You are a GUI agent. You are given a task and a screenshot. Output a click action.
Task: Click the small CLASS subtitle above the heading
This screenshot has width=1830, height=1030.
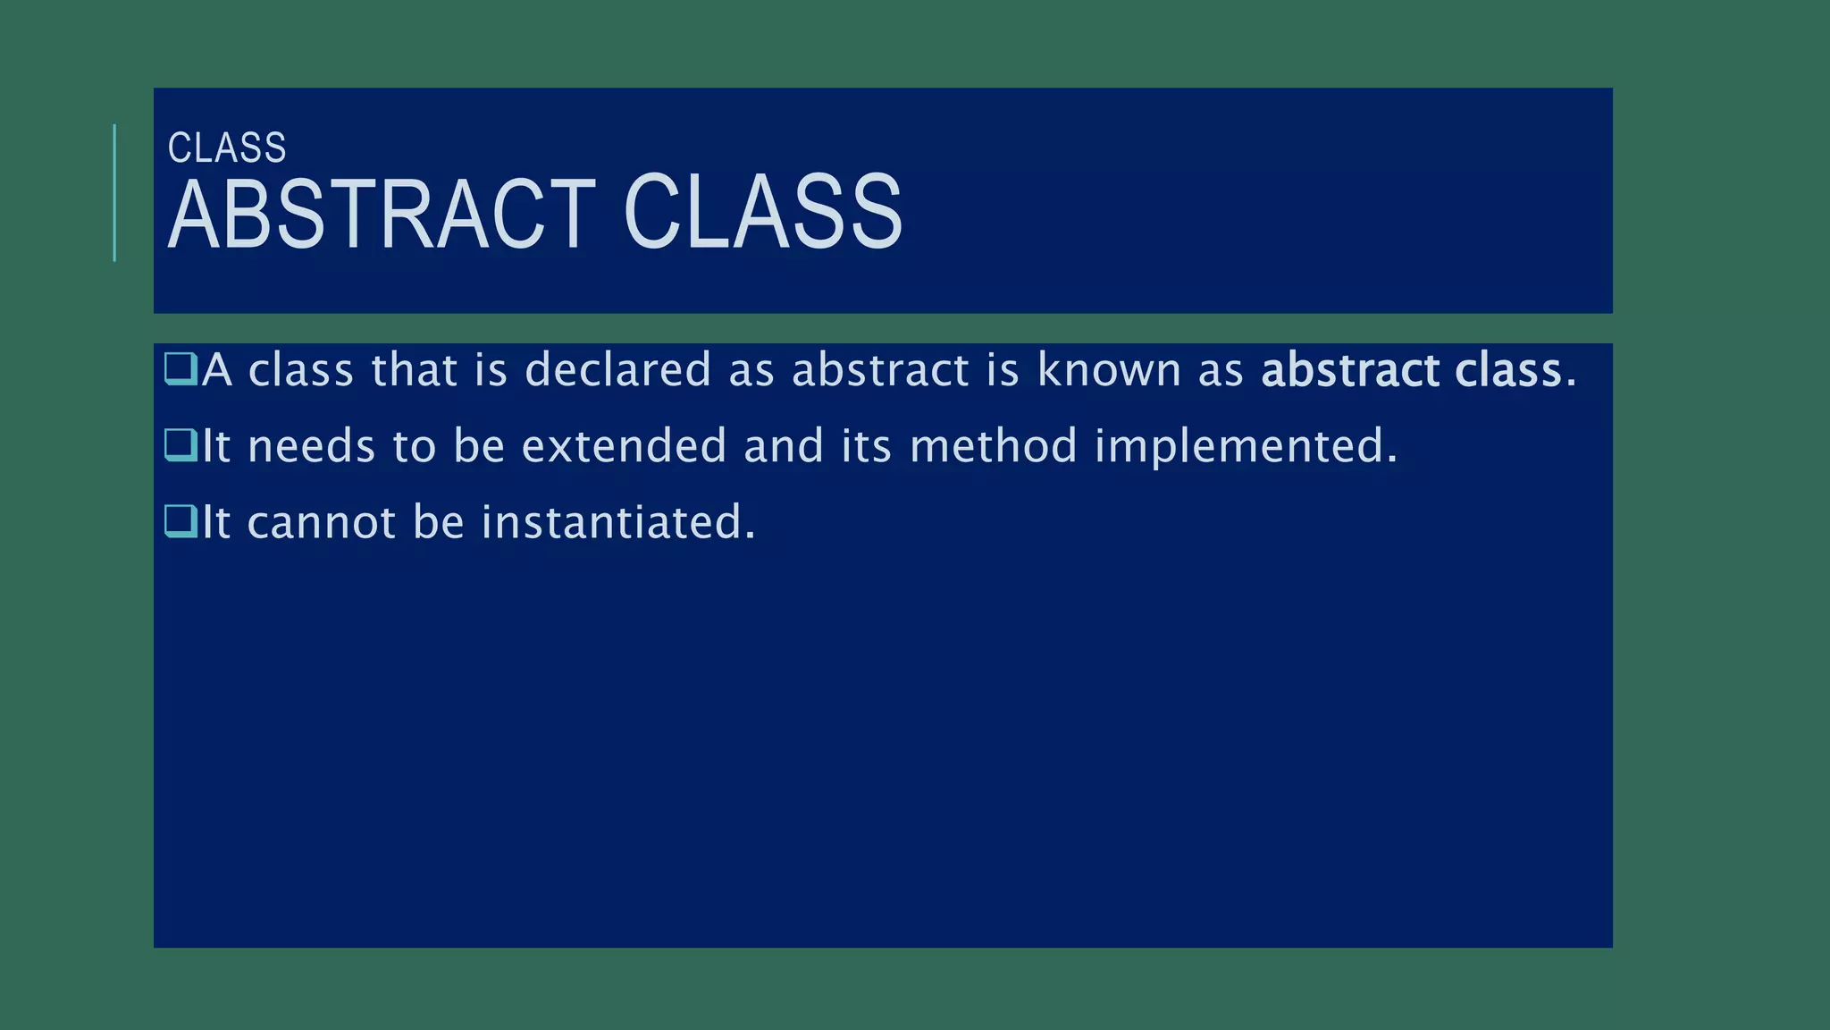coord(227,148)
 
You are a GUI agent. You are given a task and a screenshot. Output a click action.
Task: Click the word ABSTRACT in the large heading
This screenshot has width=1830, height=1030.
coord(382,215)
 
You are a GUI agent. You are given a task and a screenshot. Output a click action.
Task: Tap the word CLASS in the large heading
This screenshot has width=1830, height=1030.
coord(762,215)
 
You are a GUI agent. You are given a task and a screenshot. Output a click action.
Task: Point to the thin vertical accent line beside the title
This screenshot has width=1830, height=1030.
coord(114,192)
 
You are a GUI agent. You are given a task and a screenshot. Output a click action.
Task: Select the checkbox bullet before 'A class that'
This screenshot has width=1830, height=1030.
coord(180,369)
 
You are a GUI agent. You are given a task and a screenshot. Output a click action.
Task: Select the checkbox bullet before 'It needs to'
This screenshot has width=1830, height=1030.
coord(180,445)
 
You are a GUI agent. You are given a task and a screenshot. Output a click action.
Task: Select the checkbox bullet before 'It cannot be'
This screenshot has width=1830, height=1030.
coord(180,521)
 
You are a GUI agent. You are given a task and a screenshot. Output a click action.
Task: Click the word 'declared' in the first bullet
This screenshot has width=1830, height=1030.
coord(617,369)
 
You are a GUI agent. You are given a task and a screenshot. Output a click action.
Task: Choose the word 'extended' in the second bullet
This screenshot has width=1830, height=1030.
coord(624,445)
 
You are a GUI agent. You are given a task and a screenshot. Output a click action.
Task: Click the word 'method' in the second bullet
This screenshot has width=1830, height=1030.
coord(994,445)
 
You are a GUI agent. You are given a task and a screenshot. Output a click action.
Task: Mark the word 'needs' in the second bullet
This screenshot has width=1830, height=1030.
coord(311,445)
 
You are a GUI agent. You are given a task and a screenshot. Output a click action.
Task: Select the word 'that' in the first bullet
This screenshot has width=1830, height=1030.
coord(414,369)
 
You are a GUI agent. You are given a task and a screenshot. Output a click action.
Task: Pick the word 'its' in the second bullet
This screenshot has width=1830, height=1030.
coord(866,445)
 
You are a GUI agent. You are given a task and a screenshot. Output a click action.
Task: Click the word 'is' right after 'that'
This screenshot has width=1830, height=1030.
coord(491,369)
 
